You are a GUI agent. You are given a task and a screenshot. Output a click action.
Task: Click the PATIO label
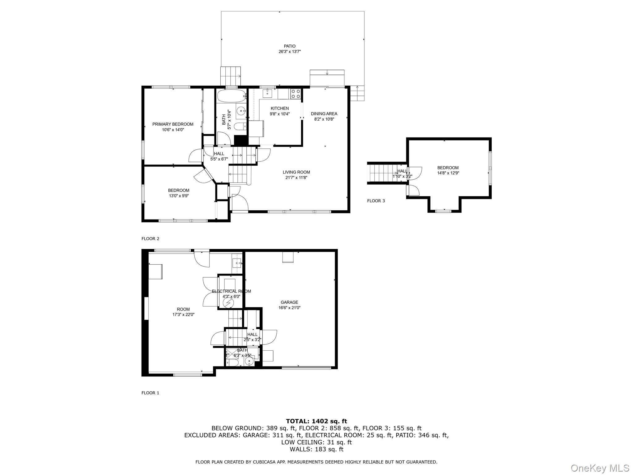[289, 46]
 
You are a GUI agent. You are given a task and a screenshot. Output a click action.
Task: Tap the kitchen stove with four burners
[295, 94]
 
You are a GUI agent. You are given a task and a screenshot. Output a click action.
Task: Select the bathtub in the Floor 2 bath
[231, 96]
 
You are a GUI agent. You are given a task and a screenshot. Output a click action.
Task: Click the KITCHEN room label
[279, 109]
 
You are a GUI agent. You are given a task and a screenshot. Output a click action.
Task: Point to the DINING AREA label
[324, 114]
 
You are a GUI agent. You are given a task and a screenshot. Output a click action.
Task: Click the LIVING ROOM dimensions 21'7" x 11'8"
[296, 178]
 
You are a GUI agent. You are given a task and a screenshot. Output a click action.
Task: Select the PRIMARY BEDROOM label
[173, 124]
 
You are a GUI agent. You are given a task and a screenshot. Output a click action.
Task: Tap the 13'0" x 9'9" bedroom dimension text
[178, 196]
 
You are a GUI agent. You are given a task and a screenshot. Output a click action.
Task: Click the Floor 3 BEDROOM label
[448, 168]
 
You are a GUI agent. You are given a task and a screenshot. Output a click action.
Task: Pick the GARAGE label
[289, 302]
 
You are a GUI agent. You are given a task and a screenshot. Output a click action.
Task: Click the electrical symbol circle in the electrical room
[229, 302]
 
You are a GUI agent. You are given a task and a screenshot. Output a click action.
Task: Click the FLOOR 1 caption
[150, 393]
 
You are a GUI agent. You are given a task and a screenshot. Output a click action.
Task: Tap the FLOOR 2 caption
[150, 239]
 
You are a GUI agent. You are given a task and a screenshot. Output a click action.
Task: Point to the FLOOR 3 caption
[376, 201]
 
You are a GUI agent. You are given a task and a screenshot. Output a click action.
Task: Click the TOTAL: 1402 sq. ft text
[316, 421]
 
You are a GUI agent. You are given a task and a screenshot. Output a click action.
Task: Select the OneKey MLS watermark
[600, 468]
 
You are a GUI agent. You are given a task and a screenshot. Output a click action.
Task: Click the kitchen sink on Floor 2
[267, 93]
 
